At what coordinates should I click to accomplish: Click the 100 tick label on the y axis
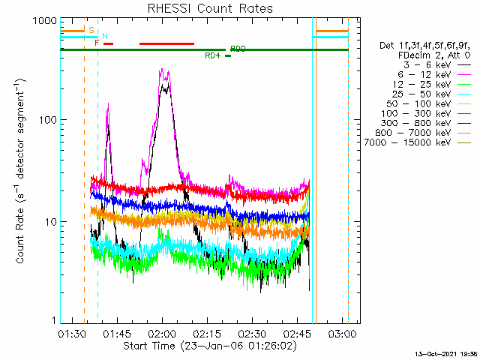pyautogui.click(x=46, y=120)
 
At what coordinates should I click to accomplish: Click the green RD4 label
pyautogui.click(x=212, y=55)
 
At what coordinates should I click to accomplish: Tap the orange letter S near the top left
pyautogui.click(x=91, y=30)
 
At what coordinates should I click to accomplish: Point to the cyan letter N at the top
pyautogui.click(x=105, y=36)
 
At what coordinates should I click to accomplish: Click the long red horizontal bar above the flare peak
pyautogui.click(x=166, y=43)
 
